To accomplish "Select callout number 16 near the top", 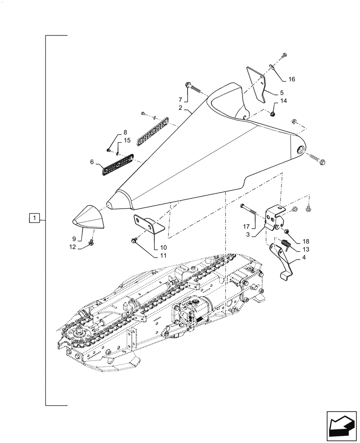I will tap(291, 79).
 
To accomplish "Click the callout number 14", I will tap(284, 101).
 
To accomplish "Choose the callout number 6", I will tap(92, 163).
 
